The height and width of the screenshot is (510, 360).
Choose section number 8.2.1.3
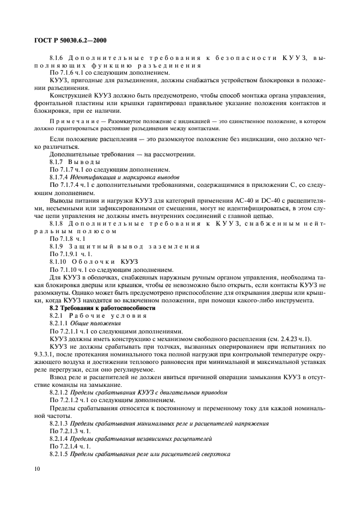(60, 422)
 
